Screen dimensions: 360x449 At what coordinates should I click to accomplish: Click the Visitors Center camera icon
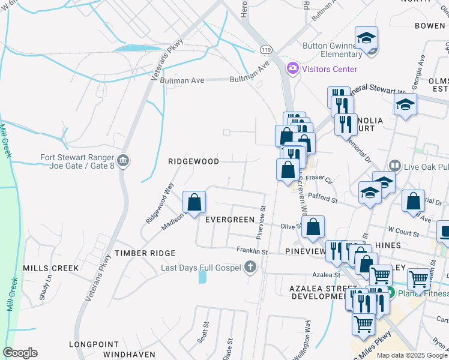(293, 68)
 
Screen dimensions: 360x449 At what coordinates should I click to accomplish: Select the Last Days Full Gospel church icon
(250, 268)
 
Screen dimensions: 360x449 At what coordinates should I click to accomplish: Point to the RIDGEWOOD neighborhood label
(193, 161)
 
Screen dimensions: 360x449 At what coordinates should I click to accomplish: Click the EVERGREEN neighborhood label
(230, 220)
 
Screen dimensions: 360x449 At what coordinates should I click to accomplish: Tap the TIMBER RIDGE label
(145, 254)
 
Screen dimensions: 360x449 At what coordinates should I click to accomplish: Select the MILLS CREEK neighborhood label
(51, 268)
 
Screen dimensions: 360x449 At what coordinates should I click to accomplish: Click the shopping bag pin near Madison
(194, 202)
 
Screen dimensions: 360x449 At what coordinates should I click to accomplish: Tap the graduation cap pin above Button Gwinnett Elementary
(366, 38)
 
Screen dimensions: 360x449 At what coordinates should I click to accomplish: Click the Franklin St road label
(252, 250)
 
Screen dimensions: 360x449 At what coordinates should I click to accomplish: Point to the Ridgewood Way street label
(158, 203)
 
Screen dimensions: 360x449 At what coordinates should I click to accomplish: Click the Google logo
(20, 353)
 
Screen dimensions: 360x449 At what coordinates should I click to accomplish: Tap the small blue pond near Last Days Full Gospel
(202, 276)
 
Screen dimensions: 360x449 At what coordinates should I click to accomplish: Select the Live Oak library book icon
(394, 165)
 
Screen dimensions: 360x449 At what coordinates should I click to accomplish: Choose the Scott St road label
(203, 332)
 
